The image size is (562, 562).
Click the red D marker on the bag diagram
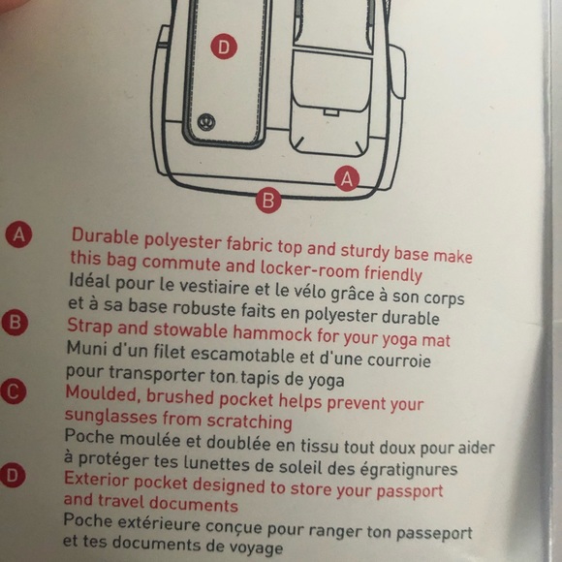pos(224,47)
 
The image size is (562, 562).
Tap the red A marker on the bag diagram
pos(347,177)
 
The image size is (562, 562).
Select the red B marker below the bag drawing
pos(269,201)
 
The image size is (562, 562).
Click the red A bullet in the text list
pos(17,235)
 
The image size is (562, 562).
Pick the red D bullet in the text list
pos(15,477)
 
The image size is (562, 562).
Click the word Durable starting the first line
pos(103,235)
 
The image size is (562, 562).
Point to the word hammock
pos(248,339)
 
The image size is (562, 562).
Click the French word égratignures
pos(401,469)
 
